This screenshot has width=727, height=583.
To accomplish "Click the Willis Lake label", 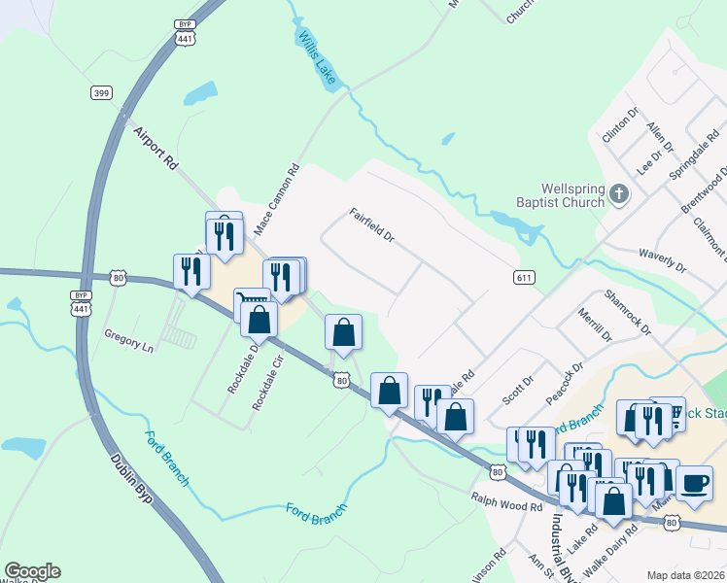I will coord(317,56).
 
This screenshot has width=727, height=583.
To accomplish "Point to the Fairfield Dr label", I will coord(372,224).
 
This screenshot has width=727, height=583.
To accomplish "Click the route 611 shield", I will coord(524,278).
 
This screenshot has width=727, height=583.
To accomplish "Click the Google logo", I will coord(32,571).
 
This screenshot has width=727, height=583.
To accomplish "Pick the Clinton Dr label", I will coord(619,125).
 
